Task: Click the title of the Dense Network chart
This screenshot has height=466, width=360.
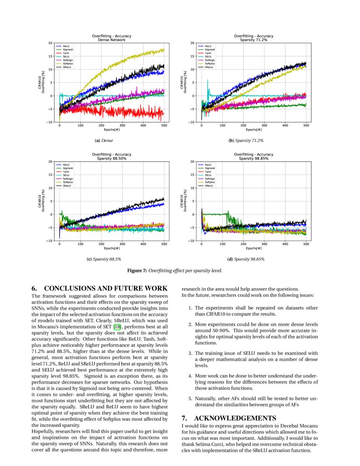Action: click(x=112, y=38)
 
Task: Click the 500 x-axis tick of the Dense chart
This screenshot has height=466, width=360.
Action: click(x=164, y=126)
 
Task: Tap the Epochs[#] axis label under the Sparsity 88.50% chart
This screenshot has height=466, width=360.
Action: click(x=112, y=248)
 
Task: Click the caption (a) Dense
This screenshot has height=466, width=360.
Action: click(x=104, y=140)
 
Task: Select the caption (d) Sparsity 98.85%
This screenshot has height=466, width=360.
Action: click(x=246, y=259)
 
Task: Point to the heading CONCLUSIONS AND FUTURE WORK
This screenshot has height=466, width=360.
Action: click(x=106, y=288)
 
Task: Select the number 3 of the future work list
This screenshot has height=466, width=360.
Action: click(x=190, y=353)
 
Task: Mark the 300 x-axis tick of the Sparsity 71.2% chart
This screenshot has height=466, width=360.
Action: click(x=264, y=126)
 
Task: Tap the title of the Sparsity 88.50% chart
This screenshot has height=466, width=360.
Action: click(x=112, y=157)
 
